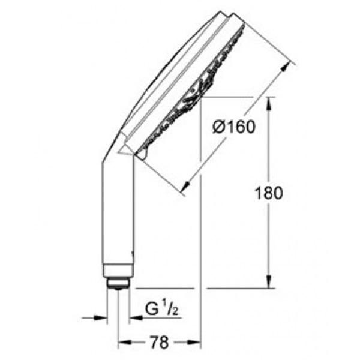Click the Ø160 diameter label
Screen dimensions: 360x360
click(234, 127)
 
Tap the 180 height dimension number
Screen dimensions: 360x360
click(269, 193)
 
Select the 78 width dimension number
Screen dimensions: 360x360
click(159, 343)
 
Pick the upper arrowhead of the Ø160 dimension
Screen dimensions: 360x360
click(285, 67)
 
